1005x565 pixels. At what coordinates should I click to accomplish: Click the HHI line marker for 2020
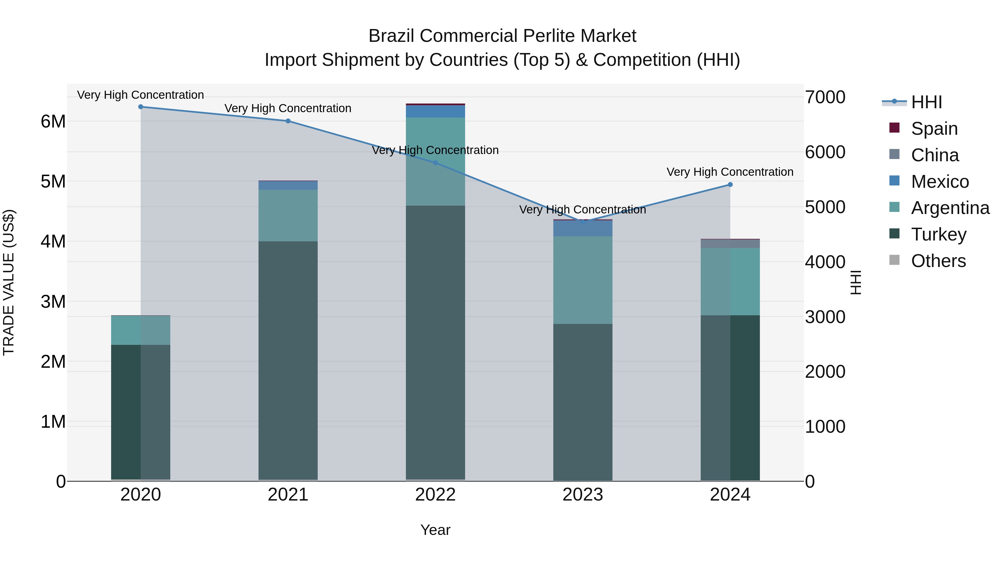(141, 107)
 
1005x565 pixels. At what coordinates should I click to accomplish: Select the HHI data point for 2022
(435, 163)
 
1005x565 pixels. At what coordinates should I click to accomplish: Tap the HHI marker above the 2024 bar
(730, 185)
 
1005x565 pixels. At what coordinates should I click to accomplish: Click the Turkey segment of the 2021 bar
(288, 361)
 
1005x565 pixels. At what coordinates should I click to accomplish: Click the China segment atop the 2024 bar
(730, 244)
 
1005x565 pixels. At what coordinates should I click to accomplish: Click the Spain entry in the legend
(934, 129)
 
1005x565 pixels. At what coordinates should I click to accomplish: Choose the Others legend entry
(938, 261)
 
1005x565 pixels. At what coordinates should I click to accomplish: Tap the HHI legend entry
(926, 102)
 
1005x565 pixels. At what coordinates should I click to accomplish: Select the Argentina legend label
(950, 208)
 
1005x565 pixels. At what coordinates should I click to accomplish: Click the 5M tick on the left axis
(53, 182)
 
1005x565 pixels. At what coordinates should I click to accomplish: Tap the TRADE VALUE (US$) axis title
(9, 282)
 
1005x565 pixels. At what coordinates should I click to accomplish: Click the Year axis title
(435, 530)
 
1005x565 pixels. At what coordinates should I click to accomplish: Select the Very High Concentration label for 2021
(288, 109)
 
